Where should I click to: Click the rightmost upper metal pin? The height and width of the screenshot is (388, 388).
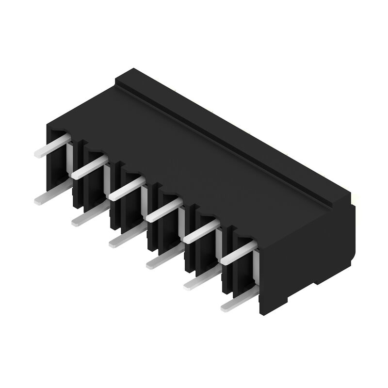pos(238,253)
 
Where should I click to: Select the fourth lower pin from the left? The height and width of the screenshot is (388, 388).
pos(160,260)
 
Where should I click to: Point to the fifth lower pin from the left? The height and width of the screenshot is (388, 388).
pos(198,282)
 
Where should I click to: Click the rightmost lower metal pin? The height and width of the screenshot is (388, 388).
pos(235,303)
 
